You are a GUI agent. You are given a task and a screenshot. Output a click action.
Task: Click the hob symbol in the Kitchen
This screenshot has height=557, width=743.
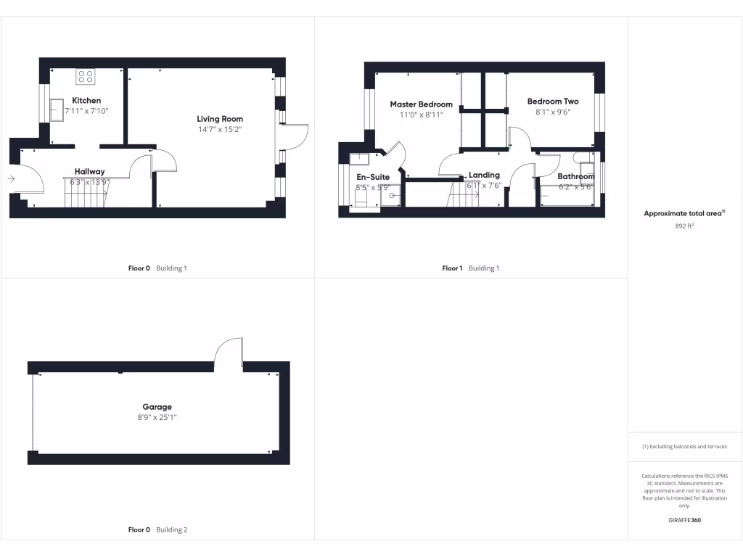[85, 76]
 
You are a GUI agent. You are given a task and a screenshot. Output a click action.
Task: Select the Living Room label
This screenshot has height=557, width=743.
[220, 119]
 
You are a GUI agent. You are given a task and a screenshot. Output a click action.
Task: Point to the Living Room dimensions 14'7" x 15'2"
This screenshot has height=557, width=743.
[220, 130]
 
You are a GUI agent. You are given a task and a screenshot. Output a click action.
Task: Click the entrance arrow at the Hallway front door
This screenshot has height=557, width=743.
[12, 178]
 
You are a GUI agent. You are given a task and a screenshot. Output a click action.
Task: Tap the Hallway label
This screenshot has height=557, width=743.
[89, 172]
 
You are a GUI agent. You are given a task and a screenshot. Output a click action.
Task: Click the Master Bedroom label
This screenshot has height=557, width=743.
[421, 104]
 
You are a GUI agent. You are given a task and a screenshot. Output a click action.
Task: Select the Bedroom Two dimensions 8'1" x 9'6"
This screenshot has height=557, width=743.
[552, 112]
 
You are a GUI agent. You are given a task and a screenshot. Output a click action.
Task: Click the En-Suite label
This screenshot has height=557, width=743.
[373, 177]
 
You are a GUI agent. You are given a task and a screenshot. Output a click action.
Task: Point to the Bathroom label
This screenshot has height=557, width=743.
[575, 176]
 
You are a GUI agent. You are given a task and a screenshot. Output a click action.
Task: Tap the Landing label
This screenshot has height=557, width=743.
[484, 175]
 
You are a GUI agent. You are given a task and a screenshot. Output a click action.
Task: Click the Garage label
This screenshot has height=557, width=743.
[157, 407]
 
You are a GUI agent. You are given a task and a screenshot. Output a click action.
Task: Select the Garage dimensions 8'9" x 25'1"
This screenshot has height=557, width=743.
[157, 417]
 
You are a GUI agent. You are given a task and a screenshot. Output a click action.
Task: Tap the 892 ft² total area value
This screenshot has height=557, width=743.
[685, 226]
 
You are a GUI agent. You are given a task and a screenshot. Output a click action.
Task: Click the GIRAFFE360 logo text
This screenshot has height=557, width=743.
[685, 520]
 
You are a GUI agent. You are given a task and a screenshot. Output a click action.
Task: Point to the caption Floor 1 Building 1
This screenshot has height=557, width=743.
[470, 268]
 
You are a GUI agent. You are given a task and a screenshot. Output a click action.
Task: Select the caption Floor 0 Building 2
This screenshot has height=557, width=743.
[157, 530]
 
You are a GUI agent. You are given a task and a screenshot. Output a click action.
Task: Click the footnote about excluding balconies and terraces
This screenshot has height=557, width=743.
[684, 447]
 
